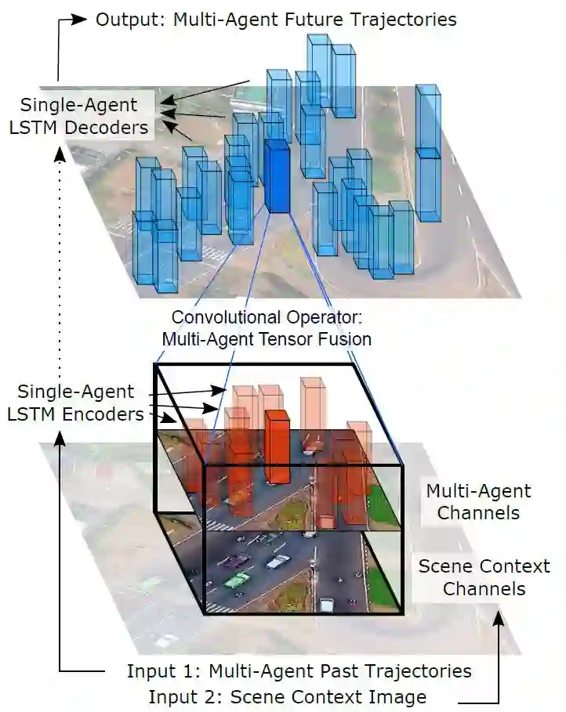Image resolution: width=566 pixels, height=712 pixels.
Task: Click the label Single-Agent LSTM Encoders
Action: [x=76, y=403]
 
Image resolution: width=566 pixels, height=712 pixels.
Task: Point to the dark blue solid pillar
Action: [x=278, y=177]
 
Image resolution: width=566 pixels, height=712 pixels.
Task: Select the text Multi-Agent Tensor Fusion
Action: [x=267, y=339]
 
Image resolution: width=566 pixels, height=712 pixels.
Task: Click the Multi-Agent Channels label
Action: [x=478, y=502]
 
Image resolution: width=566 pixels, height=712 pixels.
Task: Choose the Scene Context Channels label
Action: [x=484, y=576]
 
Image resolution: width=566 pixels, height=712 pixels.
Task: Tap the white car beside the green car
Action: [x=278, y=562]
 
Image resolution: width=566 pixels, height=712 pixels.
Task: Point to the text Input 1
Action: [x=161, y=672]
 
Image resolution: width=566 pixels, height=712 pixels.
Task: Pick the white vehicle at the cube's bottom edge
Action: [x=327, y=605]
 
